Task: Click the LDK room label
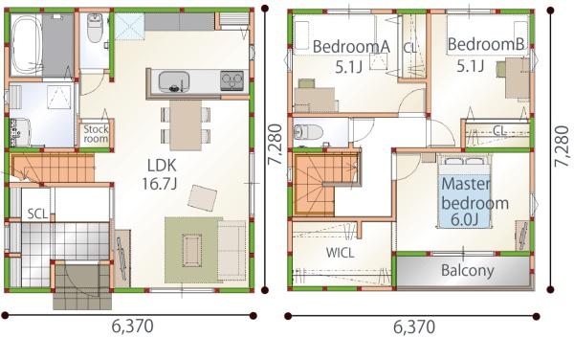pos(162,166)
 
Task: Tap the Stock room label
pos(96,134)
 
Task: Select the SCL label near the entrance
pos(37,214)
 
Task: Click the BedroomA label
pos(351,47)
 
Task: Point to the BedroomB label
pos(486,44)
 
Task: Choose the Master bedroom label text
pos(475,193)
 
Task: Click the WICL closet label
pos(340,253)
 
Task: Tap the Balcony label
pos(468,270)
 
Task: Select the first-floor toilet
pos(95,28)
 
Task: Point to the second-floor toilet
pos(308,132)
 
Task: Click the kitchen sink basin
pos(174,81)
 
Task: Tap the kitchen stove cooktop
pos(232,81)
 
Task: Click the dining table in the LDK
pos(186,125)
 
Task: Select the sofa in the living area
pos(232,250)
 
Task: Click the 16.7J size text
pos(160,184)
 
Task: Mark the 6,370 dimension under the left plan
pos(133,326)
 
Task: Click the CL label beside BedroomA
pos(410,48)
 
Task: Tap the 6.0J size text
pos(465,220)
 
